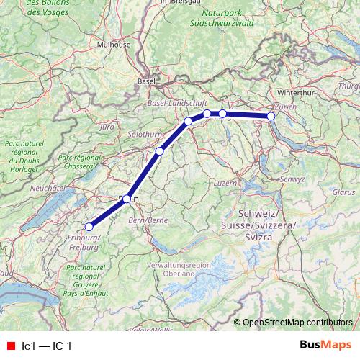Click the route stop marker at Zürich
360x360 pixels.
(x=271, y=116)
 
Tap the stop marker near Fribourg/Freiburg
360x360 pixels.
(x=89, y=227)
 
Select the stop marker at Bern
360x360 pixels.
(x=127, y=199)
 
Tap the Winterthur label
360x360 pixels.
(x=301, y=93)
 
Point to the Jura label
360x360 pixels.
(x=108, y=127)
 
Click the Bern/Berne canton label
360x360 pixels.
(x=148, y=219)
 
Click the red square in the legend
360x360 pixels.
(x=11, y=346)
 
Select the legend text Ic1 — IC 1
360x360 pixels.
(x=48, y=346)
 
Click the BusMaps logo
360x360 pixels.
(x=325, y=345)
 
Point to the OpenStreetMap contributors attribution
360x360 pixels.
(x=297, y=322)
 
